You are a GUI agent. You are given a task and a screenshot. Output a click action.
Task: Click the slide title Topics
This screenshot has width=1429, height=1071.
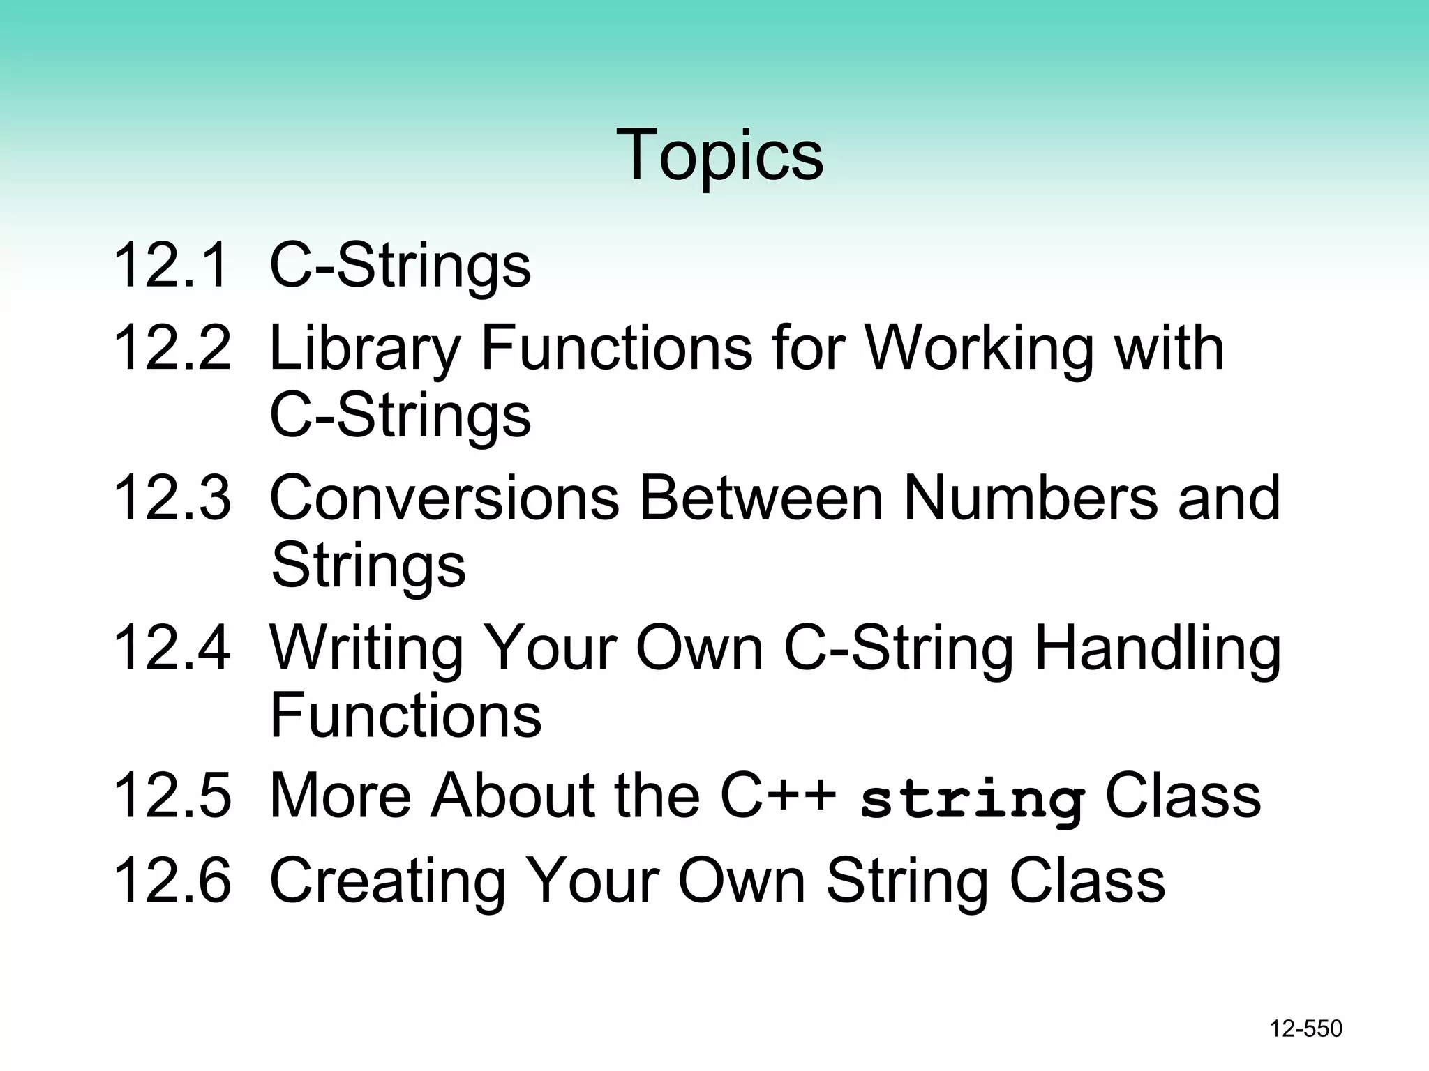coord(719,155)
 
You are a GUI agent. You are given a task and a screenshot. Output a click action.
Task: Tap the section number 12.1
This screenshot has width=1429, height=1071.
coord(171,265)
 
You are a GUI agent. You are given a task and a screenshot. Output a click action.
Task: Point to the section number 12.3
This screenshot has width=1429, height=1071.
coord(171,497)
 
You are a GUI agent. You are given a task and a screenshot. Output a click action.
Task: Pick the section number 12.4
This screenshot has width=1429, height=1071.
coord(171,648)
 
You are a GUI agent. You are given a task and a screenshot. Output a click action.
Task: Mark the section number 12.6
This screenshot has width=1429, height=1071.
coord(171,881)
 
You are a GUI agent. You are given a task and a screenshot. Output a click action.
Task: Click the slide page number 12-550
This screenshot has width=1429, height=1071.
coord(1305,1028)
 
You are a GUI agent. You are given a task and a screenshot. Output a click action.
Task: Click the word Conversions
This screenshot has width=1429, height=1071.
coord(444,497)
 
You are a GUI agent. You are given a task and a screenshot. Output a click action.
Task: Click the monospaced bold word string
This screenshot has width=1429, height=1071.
coord(972,800)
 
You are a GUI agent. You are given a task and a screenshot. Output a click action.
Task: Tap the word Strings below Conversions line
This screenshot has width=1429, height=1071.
coord(368,565)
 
